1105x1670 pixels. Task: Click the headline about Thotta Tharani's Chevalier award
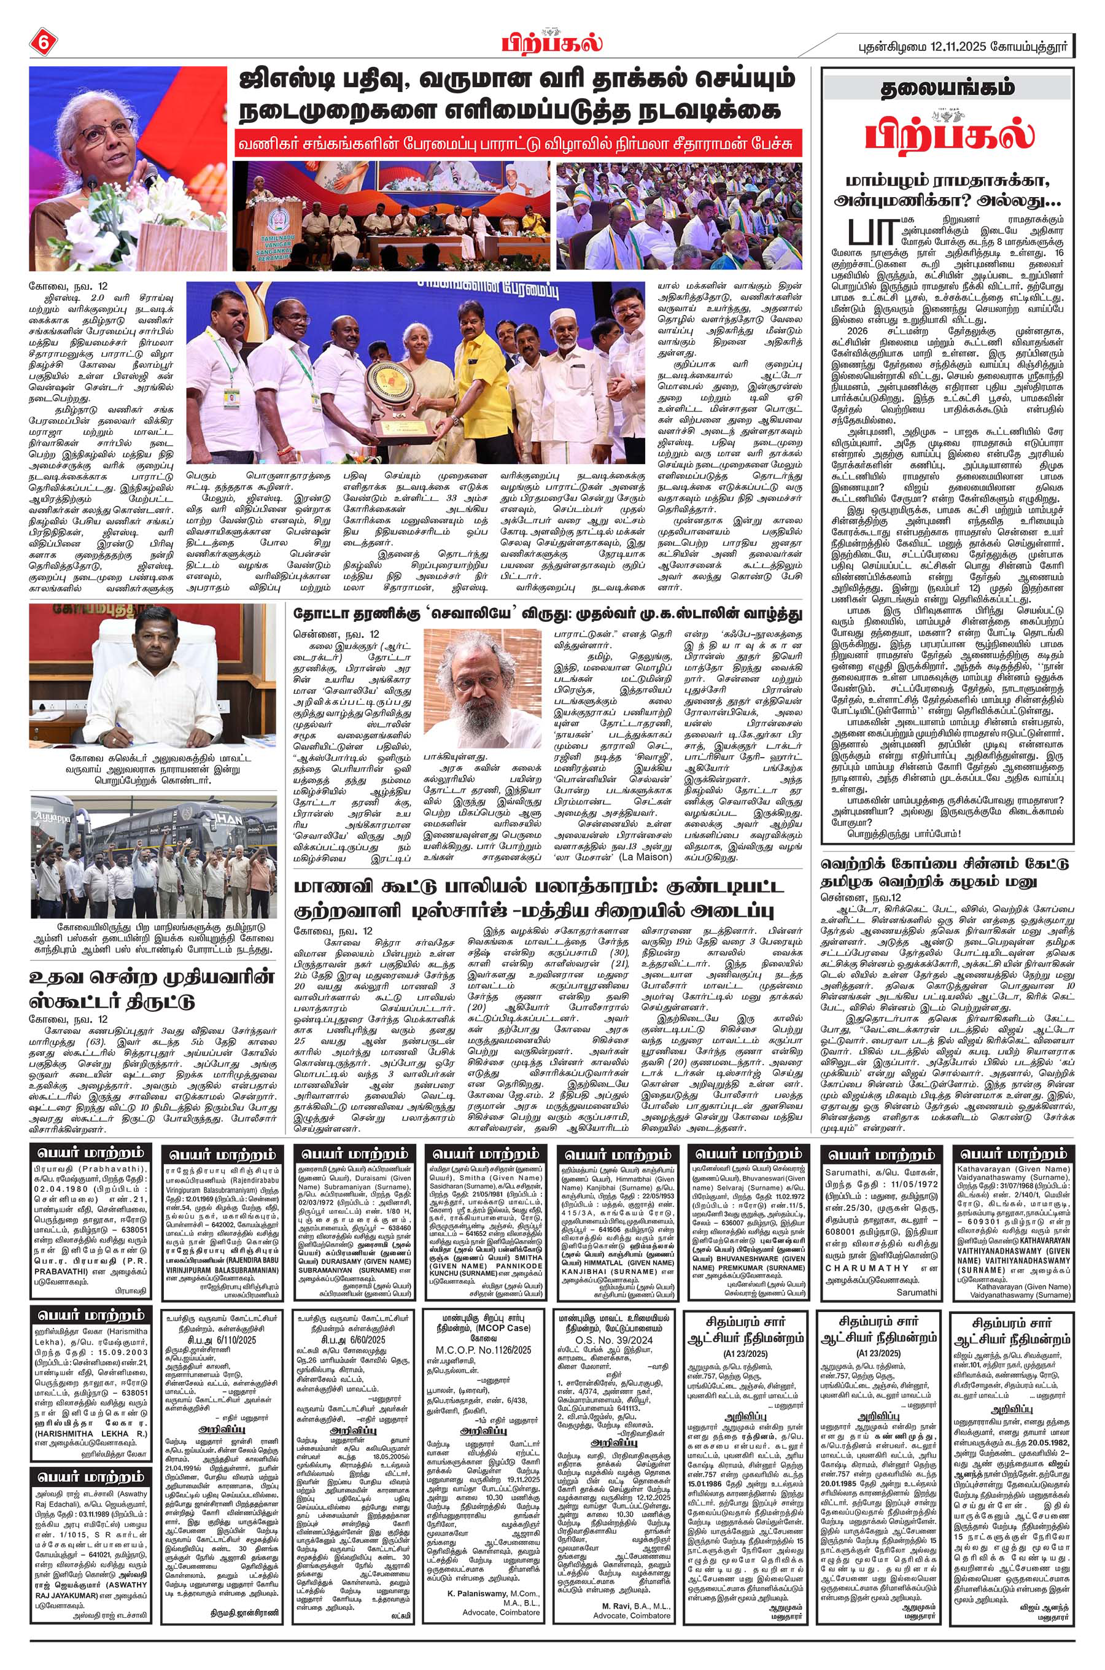click(x=548, y=613)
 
